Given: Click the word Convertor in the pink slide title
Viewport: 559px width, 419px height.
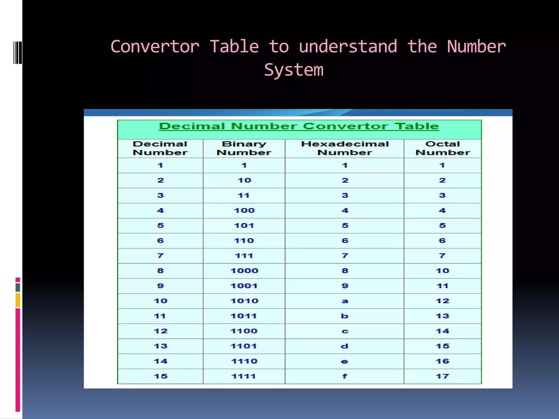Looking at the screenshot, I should (155, 46).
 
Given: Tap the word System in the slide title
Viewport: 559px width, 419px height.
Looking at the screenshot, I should (294, 70).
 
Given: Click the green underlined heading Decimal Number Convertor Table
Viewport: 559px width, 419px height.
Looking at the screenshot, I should (299, 126).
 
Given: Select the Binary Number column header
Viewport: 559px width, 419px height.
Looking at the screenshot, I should (244, 148).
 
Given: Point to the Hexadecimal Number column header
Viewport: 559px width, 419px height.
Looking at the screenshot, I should (344, 148).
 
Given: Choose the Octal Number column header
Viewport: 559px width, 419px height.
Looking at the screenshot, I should (442, 148).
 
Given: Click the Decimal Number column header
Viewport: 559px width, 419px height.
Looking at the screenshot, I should (160, 148).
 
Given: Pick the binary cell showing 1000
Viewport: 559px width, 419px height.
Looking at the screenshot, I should (244, 271).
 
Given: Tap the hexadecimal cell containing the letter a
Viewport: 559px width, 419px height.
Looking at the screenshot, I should (345, 301).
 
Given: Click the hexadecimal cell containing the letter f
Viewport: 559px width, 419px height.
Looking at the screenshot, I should (345, 376).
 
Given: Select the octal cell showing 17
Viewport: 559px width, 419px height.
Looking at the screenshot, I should (442, 376).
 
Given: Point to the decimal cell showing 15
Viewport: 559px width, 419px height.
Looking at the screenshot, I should (160, 376).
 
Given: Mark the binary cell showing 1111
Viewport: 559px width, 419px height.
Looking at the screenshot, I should (244, 376).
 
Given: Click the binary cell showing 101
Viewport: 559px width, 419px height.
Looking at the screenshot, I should (244, 226).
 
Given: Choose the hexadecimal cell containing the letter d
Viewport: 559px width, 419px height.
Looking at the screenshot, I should (345, 346).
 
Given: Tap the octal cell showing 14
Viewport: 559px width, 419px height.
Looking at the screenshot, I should (442, 331).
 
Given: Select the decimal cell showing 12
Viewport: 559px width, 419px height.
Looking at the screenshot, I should (160, 331).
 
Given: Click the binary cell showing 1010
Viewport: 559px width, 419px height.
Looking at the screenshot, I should (244, 301).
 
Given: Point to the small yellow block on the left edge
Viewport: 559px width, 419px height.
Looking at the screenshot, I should (18, 300).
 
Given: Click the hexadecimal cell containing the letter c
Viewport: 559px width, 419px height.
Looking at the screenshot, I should (345, 331).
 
